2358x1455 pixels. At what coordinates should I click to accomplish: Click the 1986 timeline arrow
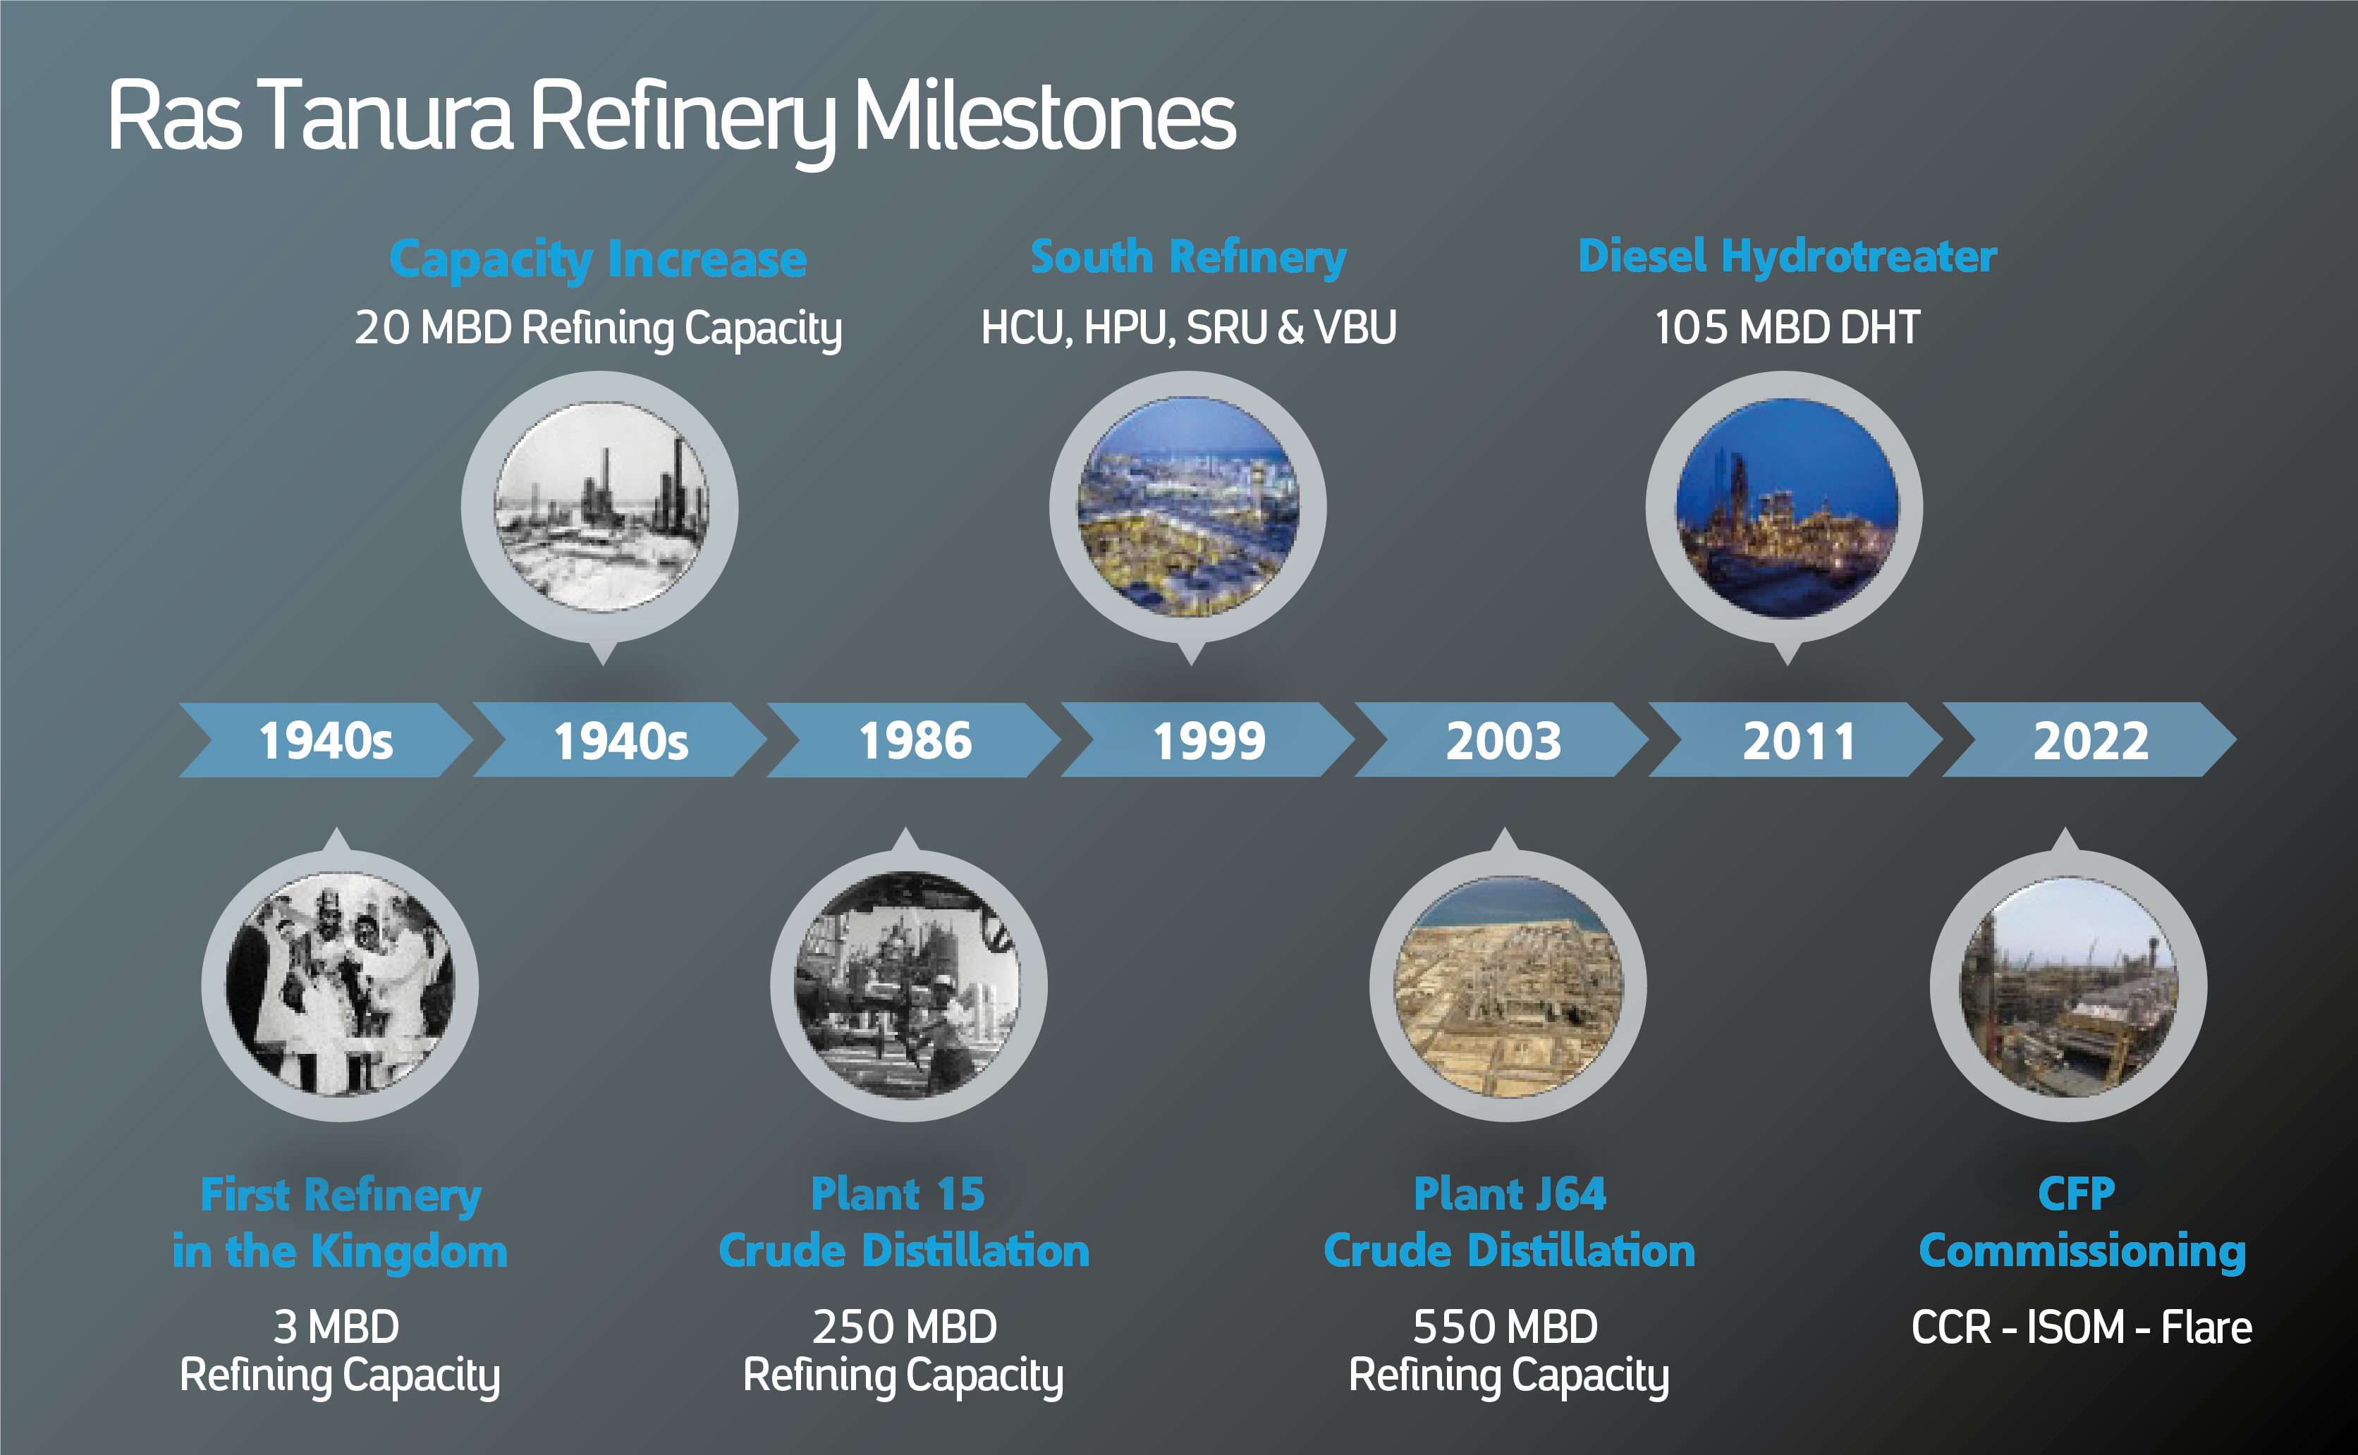click(x=915, y=740)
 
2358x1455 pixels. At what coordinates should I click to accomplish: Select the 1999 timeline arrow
click(x=1209, y=740)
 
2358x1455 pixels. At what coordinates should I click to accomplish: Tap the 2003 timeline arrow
click(x=1503, y=740)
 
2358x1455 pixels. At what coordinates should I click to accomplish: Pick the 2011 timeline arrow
click(x=1797, y=740)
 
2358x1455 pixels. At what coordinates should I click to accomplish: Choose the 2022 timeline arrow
click(x=2091, y=740)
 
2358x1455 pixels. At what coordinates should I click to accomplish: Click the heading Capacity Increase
click(x=598, y=259)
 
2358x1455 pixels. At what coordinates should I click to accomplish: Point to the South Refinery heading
click(x=1189, y=257)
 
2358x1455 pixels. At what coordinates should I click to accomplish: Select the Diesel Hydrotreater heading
click(x=1788, y=256)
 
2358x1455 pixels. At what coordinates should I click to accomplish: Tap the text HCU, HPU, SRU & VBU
click(x=1189, y=328)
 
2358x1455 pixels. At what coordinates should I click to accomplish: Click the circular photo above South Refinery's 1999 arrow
click(x=1189, y=507)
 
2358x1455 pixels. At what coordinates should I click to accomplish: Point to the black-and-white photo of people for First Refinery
click(x=340, y=984)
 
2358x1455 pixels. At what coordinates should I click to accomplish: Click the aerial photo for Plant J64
click(x=1508, y=986)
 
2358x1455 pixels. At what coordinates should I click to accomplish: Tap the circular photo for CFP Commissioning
click(x=2068, y=986)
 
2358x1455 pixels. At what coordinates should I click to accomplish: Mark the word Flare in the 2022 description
click(x=2207, y=1327)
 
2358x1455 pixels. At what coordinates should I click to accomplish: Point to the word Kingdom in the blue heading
click(x=410, y=1252)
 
